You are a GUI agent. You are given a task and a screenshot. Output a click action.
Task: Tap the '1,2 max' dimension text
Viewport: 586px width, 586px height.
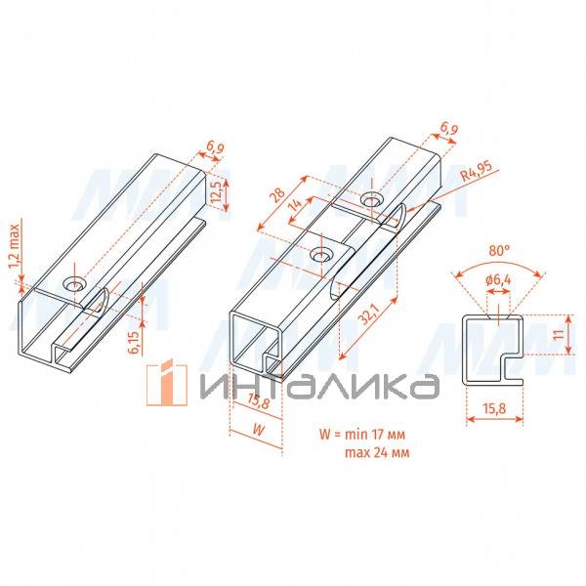coord(14,247)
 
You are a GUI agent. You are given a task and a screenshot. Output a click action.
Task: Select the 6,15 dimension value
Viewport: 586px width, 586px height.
coord(134,342)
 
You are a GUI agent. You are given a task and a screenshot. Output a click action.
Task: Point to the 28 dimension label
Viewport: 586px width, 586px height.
coord(278,195)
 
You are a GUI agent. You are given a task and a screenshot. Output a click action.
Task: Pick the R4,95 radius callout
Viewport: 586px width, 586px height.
coord(477,171)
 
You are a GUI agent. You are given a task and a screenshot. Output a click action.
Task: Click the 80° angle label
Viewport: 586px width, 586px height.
coord(497,250)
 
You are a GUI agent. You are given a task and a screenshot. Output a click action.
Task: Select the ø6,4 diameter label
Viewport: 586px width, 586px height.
coord(498,279)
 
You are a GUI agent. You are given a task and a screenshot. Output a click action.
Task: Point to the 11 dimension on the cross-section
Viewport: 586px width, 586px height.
coord(559,334)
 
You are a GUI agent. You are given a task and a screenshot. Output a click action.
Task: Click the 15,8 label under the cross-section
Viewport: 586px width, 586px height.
coord(494,408)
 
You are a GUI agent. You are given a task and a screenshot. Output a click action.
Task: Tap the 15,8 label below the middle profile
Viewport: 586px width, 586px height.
coord(258,401)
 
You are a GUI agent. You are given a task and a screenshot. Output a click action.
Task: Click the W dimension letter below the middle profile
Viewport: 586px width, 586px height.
coord(258,430)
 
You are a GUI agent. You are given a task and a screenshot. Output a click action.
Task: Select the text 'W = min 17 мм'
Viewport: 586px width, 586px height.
coord(362,435)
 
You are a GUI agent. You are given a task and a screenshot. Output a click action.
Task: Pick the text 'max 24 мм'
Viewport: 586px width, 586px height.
coord(377,452)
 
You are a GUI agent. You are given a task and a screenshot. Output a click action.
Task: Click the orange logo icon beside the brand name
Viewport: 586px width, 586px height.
coord(167,382)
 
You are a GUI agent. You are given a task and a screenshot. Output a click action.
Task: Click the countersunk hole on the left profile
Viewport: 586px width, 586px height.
coord(73,284)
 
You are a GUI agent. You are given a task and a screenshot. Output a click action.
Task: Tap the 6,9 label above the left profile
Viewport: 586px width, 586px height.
coord(215,148)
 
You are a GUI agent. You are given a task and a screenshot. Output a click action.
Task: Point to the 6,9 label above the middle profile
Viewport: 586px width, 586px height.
coord(449,130)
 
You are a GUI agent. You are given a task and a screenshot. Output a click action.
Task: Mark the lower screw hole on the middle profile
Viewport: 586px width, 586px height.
coord(321,256)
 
